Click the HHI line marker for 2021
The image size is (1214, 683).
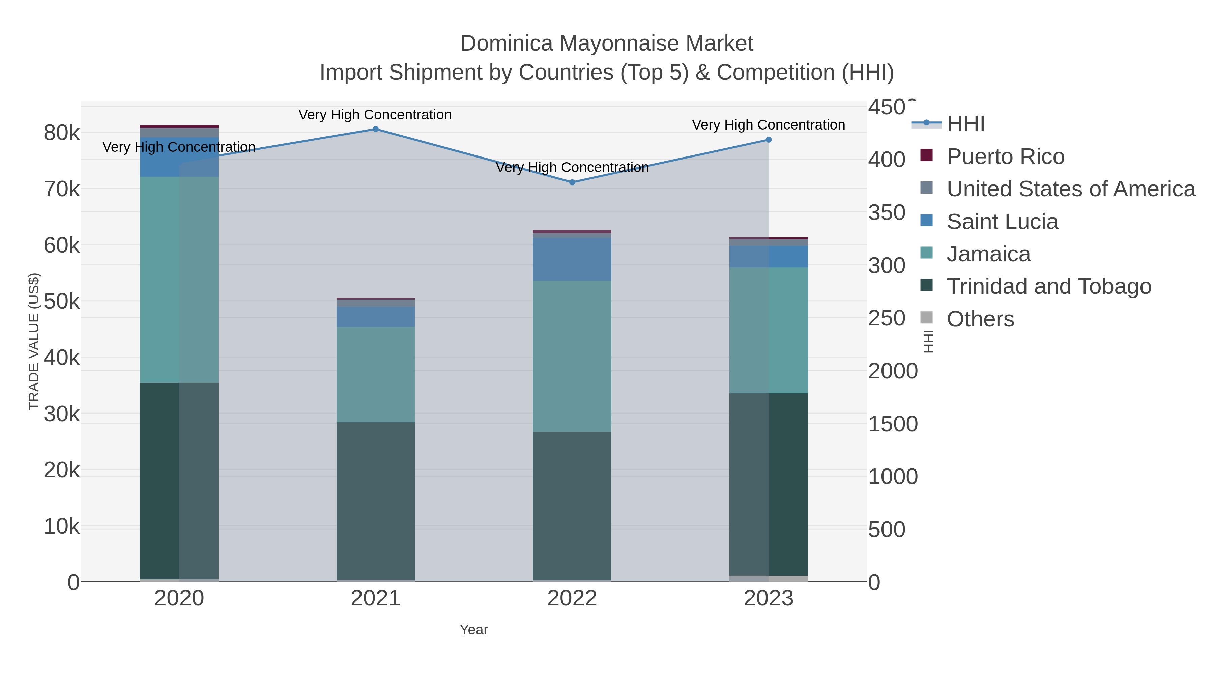[x=376, y=129]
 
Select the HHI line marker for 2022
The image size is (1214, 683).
[x=572, y=182]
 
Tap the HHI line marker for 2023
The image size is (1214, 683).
[x=769, y=140]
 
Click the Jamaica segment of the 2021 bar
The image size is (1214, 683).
[x=376, y=375]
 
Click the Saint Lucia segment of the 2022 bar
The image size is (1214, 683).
[x=572, y=259]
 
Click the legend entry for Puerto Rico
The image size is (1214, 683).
[x=1005, y=156]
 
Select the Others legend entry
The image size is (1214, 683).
[x=980, y=319]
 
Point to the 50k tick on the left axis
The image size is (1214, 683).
[x=62, y=302]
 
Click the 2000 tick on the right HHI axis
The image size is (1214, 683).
[x=893, y=371]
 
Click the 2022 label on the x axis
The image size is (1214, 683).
[x=572, y=599]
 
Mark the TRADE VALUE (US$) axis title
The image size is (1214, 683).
[x=34, y=341]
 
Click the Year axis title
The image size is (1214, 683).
[x=474, y=630]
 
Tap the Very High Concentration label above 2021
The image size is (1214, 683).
[x=375, y=115]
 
